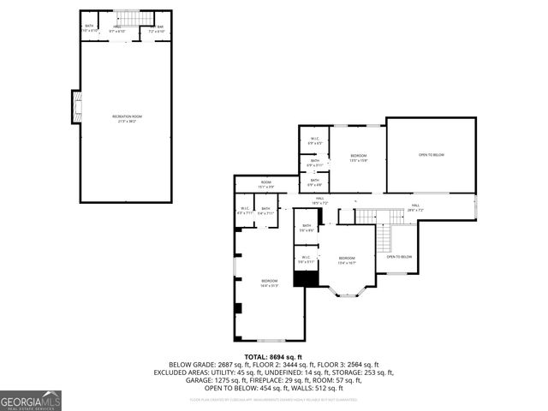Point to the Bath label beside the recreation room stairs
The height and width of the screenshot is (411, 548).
tap(89, 27)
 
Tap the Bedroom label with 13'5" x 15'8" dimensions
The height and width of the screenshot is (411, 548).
tap(358, 157)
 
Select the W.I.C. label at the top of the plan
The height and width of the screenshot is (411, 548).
tap(314, 140)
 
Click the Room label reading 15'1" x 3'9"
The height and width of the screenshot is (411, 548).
tap(266, 183)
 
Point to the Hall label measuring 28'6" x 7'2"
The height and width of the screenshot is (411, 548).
tap(414, 206)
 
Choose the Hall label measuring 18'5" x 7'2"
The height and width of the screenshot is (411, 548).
tap(319, 200)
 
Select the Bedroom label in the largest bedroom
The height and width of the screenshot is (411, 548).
tap(269, 283)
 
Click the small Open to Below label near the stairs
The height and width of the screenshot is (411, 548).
tap(399, 257)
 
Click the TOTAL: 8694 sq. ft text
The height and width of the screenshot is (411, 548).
tap(274, 355)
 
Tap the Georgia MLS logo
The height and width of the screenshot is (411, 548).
tap(31, 400)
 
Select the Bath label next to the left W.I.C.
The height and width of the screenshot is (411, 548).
tap(265, 210)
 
